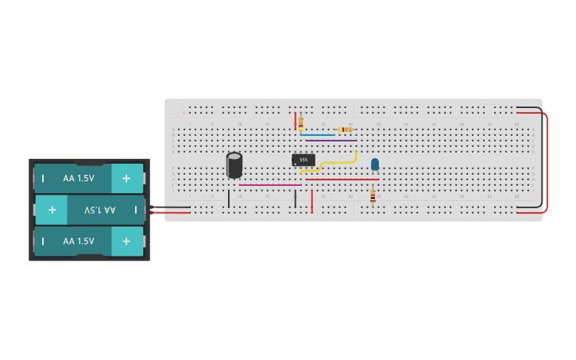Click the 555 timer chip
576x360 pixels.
pos(303,160)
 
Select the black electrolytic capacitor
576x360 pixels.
pos(234,165)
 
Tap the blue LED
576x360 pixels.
pos(375,165)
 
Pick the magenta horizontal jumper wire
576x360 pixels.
pos(270,185)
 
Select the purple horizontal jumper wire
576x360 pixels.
pos(331,141)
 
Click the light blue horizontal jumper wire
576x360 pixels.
pos(318,135)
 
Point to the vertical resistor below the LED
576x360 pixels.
pos(373,195)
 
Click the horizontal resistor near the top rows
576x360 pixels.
pos(345,130)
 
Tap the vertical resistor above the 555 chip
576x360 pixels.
pos(300,122)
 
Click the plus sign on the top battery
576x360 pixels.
pos(126,179)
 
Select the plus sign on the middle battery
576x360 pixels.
pos(52,210)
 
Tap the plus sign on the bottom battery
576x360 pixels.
pos(126,241)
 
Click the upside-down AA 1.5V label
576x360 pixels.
pos(100,210)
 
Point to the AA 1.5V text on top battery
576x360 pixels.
pos(79,179)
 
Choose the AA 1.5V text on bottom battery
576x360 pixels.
pos(79,241)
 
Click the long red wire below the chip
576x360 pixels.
pos(342,180)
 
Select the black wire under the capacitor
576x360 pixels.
pos(229,199)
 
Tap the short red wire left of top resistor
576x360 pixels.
pos(296,121)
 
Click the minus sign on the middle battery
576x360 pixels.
pos(135,210)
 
